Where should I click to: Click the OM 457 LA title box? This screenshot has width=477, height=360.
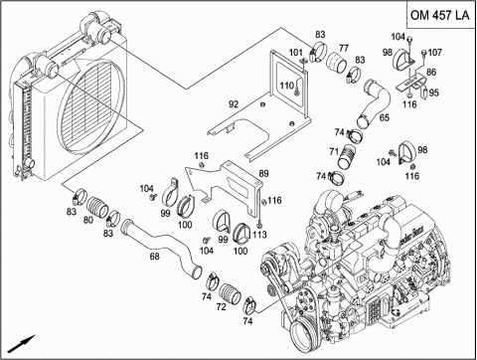(x=441, y=15)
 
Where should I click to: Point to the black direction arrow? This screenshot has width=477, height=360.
(x=22, y=344)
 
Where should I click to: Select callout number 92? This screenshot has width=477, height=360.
(x=234, y=104)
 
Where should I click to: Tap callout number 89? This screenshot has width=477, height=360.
(x=263, y=173)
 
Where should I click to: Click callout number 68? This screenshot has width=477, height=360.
(x=155, y=257)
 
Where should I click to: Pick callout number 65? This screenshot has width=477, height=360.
(x=385, y=117)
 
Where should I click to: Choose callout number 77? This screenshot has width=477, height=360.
(x=344, y=48)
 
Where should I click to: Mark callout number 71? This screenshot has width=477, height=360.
(x=334, y=151)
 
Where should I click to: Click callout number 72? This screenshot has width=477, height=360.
(x=221, y=307)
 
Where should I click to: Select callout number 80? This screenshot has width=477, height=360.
(x=88, y=220)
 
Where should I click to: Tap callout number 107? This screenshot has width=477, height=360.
(x=435, y=53)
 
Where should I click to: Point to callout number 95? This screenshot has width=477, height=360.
(x=433, y=92)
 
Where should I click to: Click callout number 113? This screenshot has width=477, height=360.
(x=259, y=235)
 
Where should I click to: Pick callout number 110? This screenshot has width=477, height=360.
(x=287, y=86)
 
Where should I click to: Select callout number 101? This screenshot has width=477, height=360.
(x=296, y=53)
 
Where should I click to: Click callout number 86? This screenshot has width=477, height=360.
(x=431, y=72)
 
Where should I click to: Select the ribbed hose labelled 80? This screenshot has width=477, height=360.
(x=97, y=207)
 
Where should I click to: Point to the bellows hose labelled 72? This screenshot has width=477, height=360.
(x=231, y=293)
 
